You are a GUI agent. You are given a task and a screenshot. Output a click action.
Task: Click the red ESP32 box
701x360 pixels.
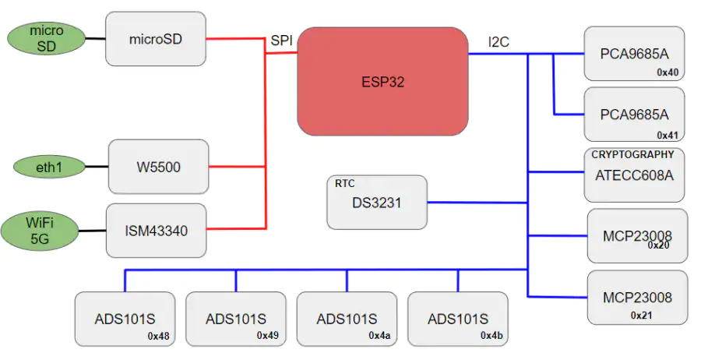click(382, 81)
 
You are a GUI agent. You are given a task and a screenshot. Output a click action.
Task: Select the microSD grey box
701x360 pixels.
click(156, 39)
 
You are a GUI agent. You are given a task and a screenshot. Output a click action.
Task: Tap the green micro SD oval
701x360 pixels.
click(47, 38)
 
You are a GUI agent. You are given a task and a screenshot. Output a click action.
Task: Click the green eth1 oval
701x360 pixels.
click(49, 168)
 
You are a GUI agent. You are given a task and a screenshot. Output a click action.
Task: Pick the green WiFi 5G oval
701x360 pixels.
click(40, 231)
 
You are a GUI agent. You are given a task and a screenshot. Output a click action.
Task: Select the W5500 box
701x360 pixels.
click(159, 167)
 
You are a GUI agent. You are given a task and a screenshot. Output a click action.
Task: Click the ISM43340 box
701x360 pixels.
click(156, 231)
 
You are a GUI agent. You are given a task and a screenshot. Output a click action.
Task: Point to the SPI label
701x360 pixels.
click(282, 41)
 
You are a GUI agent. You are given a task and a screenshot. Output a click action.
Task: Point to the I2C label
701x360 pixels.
click(498, 41)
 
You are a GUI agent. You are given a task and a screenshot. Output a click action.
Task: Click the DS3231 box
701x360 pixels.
click(377, 202)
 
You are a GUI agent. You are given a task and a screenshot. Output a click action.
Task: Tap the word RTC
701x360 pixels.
click(345, 183)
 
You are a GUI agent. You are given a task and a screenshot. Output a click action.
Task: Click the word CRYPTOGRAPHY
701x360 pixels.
click(632, 155)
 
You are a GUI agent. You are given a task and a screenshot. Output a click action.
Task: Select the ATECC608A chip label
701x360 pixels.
click(634, 175)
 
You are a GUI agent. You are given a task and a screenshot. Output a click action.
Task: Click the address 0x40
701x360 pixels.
click(668, 72)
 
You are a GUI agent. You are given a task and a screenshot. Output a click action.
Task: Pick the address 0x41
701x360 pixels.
click(668, 135)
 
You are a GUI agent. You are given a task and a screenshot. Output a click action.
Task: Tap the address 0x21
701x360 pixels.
click(642, 316)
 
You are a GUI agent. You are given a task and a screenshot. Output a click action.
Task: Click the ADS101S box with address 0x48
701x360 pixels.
click(125, 319)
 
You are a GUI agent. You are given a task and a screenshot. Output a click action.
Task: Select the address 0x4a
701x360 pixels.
click(379, 335)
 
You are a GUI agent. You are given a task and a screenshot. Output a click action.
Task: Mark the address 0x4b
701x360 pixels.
click(491, 335)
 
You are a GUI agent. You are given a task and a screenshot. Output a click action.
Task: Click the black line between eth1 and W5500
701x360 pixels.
click(97, 167)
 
